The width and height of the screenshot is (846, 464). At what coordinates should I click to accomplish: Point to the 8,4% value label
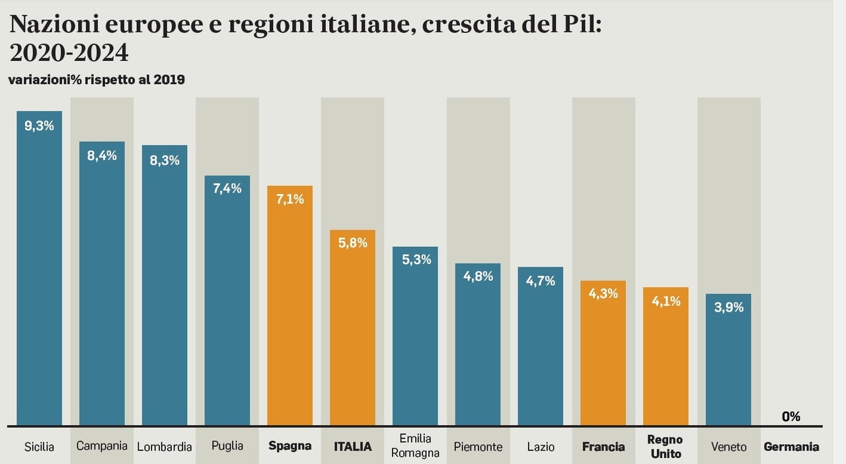click(102, 156)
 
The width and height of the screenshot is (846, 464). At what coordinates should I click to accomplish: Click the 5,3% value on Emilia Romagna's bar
click(415, 259)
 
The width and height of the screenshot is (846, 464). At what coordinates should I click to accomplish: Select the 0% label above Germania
click(790, 416)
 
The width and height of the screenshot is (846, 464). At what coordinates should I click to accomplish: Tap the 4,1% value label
click(666, 301)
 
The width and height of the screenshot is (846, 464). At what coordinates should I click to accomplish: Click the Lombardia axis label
click(165, 447)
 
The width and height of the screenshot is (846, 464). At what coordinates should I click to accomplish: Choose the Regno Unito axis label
click(665, 447)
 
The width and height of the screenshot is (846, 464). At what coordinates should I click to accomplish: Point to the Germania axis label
click(791, 447)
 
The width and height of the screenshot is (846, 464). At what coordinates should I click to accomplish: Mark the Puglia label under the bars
click(227, 446)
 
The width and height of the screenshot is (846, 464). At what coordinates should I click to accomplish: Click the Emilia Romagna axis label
click(416, 446)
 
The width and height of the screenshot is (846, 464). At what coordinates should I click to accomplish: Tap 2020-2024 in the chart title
click(69, 53)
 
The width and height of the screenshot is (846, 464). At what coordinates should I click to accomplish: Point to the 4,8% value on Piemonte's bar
click(478, 276)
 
